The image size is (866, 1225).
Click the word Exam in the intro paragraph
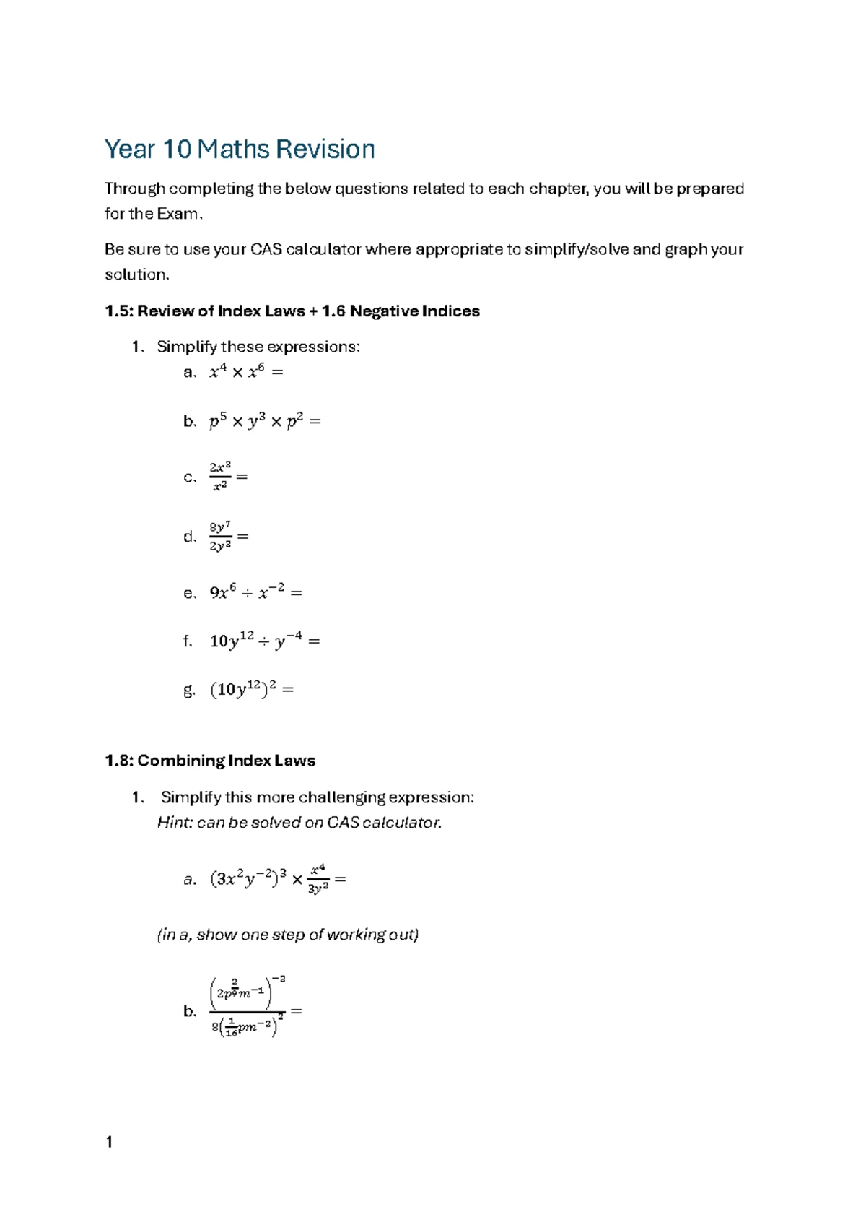[x=179, y=214]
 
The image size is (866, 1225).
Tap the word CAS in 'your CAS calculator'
[x=266, y=250]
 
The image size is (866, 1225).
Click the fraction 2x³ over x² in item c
[x=220, y=477]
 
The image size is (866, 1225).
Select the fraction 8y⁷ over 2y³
[x=220, y=537]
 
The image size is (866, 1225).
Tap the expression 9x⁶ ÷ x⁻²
[x=248, y=593]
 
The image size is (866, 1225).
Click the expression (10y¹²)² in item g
[x=243, y=690]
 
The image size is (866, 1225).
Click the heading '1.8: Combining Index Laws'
[x=210, y=761]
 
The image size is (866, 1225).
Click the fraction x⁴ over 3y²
[x=318, y=879]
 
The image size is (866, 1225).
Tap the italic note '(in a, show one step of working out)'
[x=288, y=935]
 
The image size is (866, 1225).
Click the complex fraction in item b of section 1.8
[x=248, y=1009]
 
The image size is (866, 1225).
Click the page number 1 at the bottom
[x=109, y=1142]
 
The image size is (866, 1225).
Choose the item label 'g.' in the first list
[x=189, y=690]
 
